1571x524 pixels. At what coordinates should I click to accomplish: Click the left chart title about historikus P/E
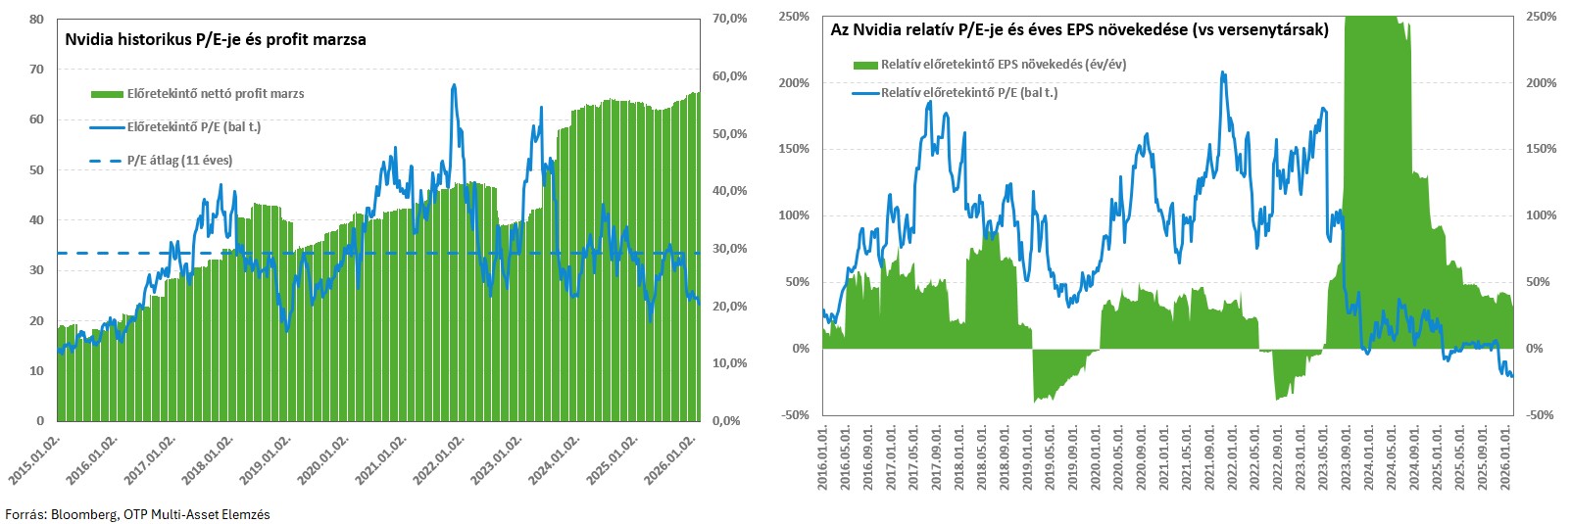(215, 40)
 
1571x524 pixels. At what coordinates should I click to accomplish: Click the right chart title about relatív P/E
(1079, 30)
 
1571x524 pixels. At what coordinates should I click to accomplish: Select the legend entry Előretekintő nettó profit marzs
(215, 94)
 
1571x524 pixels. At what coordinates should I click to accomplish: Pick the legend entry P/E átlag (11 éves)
(179, 161)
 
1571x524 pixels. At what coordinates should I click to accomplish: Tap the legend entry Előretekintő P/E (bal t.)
(193, 127)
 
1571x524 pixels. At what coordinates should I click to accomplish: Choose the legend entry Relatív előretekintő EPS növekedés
(1003, 65)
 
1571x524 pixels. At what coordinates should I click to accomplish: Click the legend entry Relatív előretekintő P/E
(968, 93)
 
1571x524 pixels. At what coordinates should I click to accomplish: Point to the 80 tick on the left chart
(36, 19)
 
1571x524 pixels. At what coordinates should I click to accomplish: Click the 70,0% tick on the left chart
(729, 19)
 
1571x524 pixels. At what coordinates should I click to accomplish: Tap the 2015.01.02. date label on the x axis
(36, 459)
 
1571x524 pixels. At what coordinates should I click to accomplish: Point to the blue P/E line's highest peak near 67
(454, 85)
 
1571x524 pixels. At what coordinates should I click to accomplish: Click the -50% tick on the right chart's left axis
(796, 415)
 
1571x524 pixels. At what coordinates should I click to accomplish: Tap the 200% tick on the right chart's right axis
(1541, 83)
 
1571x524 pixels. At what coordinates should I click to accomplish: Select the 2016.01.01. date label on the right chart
(822, 456)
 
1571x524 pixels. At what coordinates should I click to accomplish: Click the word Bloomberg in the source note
(84, 514)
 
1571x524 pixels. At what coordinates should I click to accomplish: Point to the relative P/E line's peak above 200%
(1222, 72)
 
